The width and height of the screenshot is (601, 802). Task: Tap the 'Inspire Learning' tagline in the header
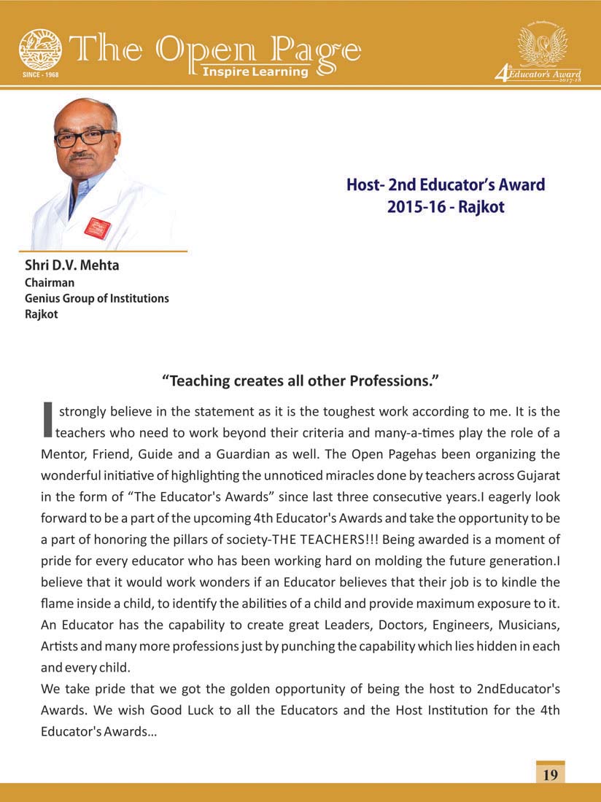[x=255, y=71]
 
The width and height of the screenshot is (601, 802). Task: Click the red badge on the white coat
[x=96, y=228]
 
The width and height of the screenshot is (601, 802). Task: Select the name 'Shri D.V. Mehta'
[x=71, y=265]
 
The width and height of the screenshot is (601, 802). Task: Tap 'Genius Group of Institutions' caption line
[x=96, y=298]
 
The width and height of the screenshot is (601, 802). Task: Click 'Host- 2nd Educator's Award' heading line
[x=446, y=184]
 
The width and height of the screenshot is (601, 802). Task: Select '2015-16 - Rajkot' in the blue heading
[x=446, y=206]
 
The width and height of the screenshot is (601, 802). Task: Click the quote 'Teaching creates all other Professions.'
[x=300, y=381]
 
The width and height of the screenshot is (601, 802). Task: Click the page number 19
[x=550, y=774]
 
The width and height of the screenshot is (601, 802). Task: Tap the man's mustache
[x=82, y=154]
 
